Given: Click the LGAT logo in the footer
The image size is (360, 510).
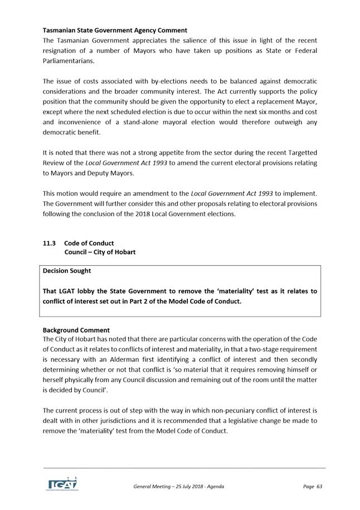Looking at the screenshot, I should point(62,484).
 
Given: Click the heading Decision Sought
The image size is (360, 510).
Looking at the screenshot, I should point(67,271).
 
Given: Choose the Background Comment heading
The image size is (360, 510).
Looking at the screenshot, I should point(76,330).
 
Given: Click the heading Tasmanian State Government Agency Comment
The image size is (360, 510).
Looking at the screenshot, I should point(115,30).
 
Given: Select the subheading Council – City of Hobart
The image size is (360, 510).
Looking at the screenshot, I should point(100,252).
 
